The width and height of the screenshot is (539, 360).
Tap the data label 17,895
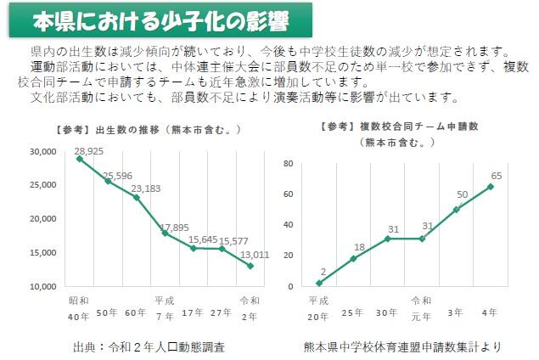[174, 227]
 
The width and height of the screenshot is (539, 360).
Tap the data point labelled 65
[490, 186]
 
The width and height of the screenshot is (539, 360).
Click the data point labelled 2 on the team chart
[319, 283]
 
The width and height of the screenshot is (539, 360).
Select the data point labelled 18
[353, 259]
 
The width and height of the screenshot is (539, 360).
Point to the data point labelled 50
[456, 209]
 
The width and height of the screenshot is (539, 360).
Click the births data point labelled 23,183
[136, 197]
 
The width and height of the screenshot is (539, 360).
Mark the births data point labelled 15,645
[192, 248]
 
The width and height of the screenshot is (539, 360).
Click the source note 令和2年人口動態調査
[149, 346]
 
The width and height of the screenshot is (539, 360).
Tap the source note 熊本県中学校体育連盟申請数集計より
[402, 346]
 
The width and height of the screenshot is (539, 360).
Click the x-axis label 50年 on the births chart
[107, 313]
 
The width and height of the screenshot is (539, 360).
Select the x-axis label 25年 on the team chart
[353, 313]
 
